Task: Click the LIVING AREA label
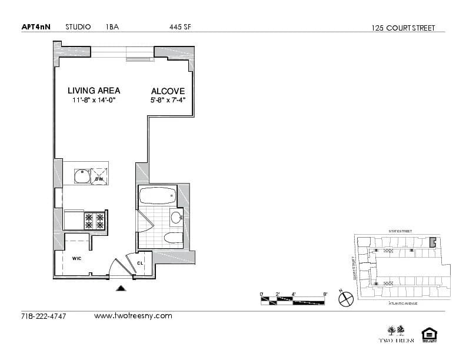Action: pos(94,91)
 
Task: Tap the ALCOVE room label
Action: pos(168,91)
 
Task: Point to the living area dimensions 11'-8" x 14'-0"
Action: pos(94,100)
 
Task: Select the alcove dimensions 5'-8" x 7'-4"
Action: pos(168,101)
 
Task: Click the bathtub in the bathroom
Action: pos(157,195)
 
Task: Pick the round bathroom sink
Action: pos(176,218)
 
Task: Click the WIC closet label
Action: pos(76,258)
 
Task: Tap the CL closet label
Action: pos(140,263)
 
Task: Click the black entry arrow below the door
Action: pos(121,288)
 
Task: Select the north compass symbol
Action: pos(345,298)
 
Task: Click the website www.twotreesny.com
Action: pos(133,316)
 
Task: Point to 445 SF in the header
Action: pos(180,26)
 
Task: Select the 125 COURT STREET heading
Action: pos(404,28)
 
